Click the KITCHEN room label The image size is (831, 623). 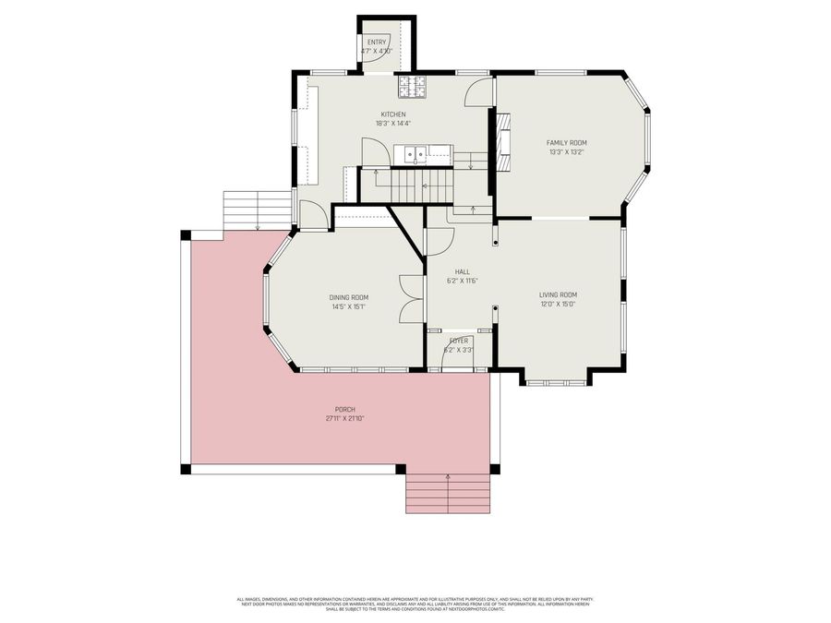(392, 114)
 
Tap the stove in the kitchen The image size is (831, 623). (413, 86)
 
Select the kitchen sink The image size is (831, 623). (418, 154)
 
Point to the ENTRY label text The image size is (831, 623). (377, 42)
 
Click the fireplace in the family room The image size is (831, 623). (503, 142)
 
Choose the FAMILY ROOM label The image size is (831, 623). (566, 142)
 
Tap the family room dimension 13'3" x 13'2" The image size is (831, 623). (566, 152)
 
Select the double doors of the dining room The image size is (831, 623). (411, 299)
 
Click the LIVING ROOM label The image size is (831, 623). (558, 294)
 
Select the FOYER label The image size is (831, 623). (459, 341)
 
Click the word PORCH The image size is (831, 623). (345, 409)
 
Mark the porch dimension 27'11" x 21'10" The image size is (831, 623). (345, 418)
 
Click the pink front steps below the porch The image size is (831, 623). (448, 494)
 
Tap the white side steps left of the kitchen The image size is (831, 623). (257, 208)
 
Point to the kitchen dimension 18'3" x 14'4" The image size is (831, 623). (392, 124)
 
